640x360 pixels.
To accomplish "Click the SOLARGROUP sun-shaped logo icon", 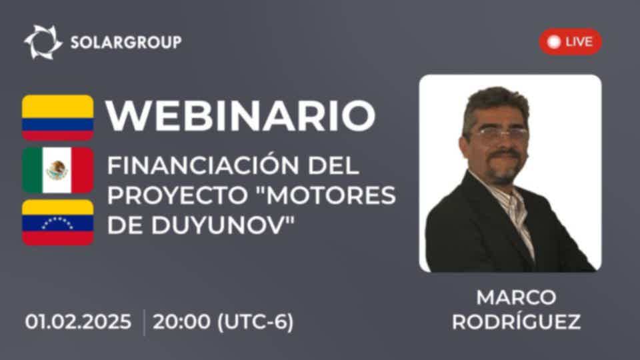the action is point(43,42).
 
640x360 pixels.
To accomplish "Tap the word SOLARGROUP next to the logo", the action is point(126,42).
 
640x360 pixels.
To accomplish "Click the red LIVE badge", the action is point(570,41).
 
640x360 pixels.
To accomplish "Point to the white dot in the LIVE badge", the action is point(553,41).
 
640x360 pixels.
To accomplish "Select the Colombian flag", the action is point(57,117).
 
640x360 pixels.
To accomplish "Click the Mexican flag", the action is point(57,170).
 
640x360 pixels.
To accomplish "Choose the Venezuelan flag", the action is point(57,223).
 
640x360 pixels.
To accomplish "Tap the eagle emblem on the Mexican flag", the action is point(57,170).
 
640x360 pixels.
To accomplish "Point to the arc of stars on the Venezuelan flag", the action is point(57,223).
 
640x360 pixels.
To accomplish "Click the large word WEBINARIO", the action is point(241,115).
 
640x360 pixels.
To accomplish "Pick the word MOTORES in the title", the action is point(329,195).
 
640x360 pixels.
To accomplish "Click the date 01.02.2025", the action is point(78,321).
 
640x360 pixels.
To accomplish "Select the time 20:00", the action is point(181,321).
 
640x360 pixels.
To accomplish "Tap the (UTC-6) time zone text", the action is point(255,322).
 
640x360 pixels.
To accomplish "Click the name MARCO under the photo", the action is point(516,297).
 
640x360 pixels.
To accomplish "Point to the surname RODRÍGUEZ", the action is point(516,321).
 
